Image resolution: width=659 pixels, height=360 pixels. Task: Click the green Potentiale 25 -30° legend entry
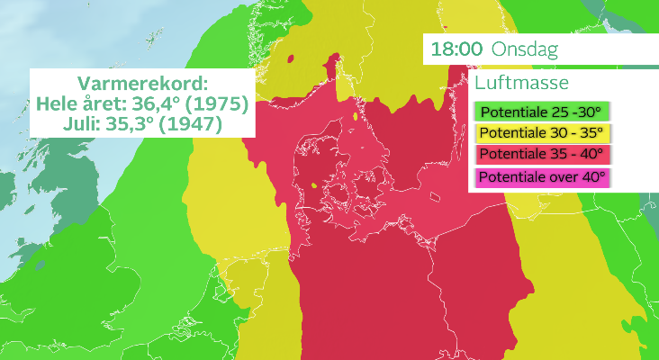coord(540,113)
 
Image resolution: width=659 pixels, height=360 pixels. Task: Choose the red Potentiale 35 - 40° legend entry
coord(540,155)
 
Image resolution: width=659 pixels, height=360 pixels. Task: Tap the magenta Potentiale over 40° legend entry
coord(540,176)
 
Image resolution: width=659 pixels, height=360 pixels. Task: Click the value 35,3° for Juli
coord(128,122)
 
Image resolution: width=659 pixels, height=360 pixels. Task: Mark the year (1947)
coord(189,122)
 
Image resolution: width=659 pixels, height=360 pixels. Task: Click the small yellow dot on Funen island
coord(313,186)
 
